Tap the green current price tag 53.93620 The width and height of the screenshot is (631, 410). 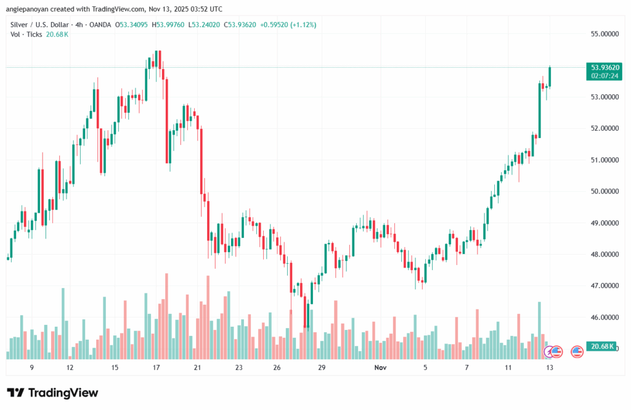605,67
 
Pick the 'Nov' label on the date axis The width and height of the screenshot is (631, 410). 380,367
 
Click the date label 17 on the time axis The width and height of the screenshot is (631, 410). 156,367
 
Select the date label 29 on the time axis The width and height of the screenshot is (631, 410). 322,367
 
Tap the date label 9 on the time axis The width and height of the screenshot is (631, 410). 31,367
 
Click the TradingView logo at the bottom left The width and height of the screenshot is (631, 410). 52,393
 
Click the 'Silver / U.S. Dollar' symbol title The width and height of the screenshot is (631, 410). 40,25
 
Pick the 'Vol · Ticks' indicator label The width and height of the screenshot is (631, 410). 26,35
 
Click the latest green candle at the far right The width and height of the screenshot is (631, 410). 550,76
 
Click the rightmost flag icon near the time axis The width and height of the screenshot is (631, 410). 577,352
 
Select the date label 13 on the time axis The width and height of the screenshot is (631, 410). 548,367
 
